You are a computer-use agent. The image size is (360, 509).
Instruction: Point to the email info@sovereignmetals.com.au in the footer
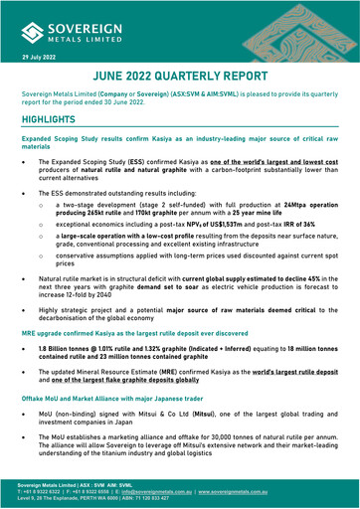(x=168, y=490)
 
